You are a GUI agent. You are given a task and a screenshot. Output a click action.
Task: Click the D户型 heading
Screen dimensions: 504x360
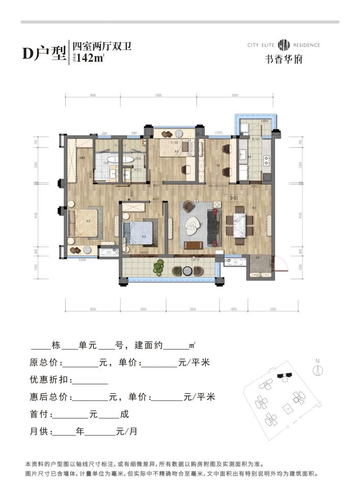pyautogui.click(x=44, y=54)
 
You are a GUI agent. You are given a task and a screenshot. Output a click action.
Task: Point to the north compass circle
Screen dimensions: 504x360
pyautogui.click(x=317, y=370)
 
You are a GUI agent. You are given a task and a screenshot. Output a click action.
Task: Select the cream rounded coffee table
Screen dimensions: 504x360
pyautogui.click(x=194, y=224)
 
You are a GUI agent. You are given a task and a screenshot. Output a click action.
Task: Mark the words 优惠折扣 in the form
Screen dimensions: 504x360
pyautogui.click(x=48, y=380)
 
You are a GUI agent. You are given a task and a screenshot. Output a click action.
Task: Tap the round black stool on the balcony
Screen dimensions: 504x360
pyautogui.click(x=187, y=270)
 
